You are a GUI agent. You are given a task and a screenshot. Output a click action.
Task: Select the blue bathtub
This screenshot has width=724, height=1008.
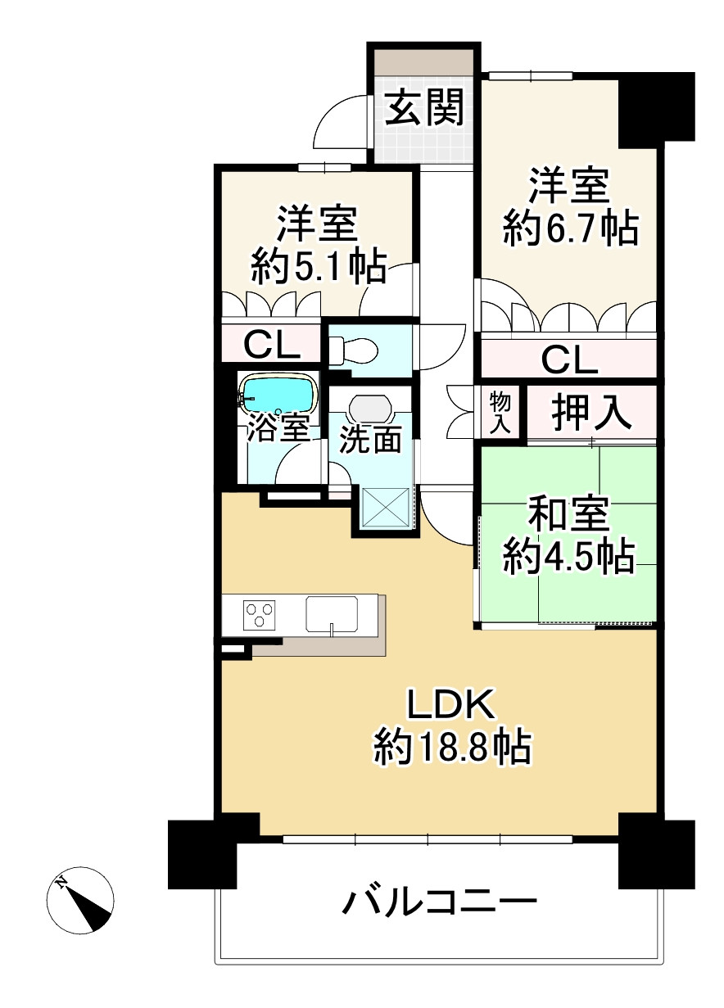(277, 393)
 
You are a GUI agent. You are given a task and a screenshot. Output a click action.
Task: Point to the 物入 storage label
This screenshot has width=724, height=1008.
(500, 413)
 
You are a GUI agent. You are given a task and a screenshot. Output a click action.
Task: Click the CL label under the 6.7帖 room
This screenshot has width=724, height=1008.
(569, 360)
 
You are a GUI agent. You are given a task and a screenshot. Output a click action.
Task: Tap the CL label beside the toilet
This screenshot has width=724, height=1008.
(272, 346)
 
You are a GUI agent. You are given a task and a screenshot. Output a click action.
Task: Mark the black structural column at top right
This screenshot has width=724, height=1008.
(657, 110)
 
